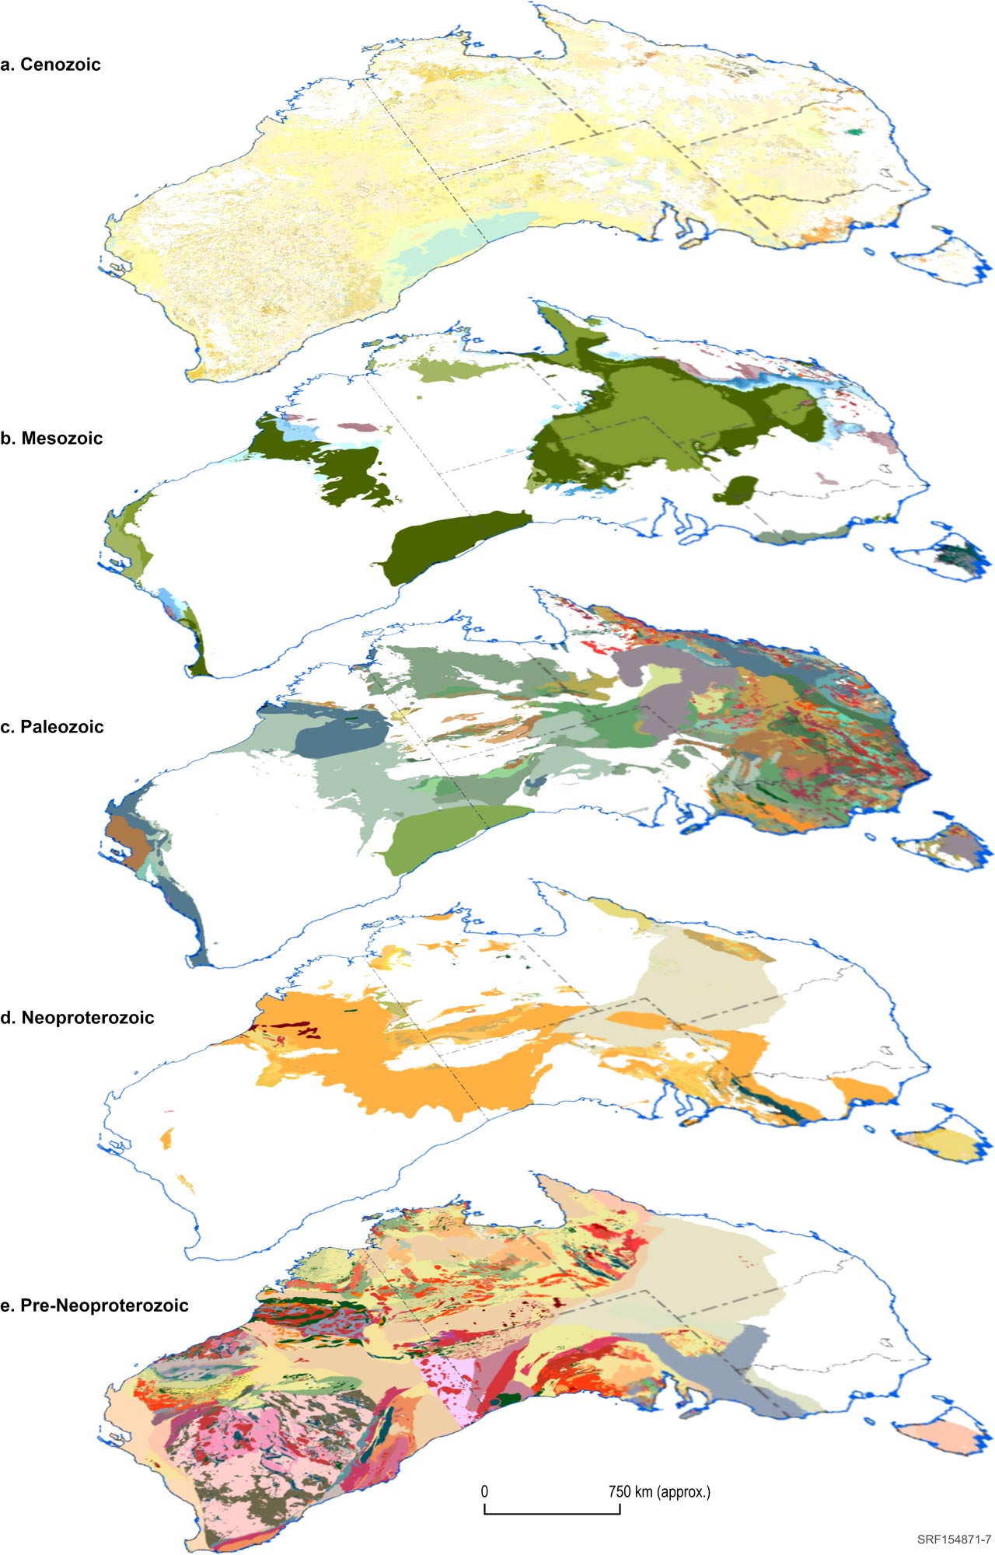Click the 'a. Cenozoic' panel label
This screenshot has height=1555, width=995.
(51, 65)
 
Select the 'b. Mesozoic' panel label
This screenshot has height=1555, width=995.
(51, 439)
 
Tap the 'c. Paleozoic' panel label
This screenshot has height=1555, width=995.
(52, 727)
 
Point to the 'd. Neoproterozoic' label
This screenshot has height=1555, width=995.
(77, 1018)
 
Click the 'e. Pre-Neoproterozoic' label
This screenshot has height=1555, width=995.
(94, 1305)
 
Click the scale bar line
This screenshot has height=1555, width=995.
(552, 1513)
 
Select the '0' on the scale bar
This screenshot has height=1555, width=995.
(484, 1491)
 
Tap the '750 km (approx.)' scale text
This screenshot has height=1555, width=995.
(659, 1491)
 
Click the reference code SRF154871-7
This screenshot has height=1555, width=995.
(953, 1539)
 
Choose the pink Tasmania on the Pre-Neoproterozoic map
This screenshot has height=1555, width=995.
(941, 1434)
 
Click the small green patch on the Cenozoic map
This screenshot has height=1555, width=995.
(855, 132)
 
